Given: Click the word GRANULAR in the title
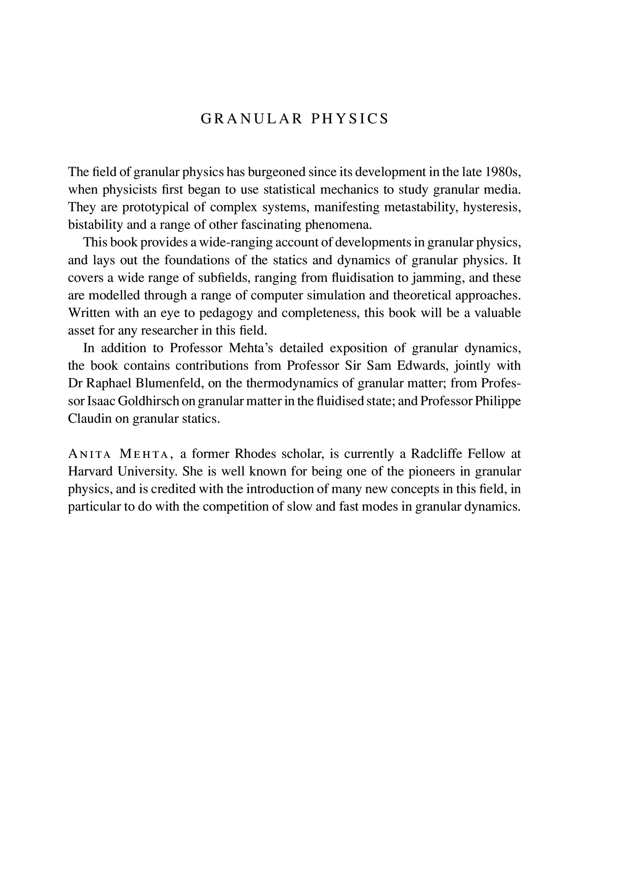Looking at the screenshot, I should click(x=252, y=119).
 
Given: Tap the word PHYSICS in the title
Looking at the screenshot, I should click(x=350, y=119).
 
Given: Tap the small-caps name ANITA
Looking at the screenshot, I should click(x=89, y=454).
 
